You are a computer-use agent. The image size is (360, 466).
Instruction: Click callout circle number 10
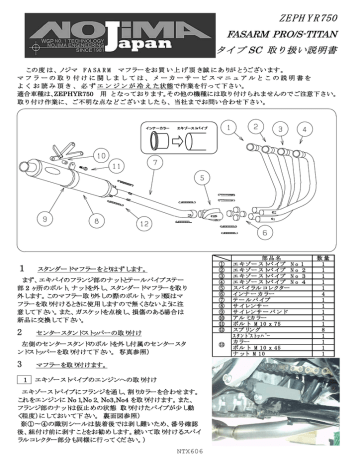click(100, 156)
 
